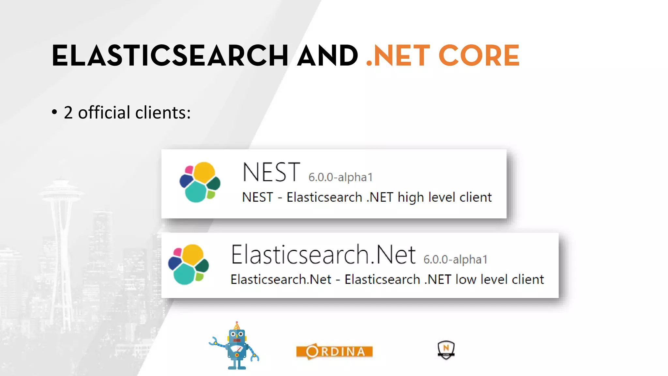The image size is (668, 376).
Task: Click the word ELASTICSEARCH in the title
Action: click(170, 56)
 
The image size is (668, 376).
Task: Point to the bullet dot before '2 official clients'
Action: click(54, 112)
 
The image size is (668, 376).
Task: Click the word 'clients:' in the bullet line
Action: click(163, 113)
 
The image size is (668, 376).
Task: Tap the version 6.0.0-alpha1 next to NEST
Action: click(340, 177)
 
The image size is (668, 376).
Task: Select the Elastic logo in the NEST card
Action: click(200, 182)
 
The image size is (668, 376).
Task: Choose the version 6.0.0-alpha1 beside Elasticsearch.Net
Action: click(455, 259)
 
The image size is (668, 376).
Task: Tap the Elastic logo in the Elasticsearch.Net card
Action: click(189, 264)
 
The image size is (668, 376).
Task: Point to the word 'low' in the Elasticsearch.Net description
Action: click(465, 280)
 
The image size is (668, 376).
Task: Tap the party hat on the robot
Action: click(237, 325)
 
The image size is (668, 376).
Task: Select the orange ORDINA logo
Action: click(334, 352)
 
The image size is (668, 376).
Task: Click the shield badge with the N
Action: click(446, 350)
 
